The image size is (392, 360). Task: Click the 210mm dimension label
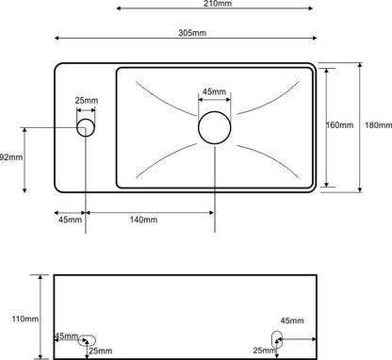(218, 4)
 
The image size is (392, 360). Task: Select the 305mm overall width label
(192, 33)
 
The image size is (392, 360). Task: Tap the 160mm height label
(339, 125)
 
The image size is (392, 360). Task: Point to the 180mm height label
(378, 125)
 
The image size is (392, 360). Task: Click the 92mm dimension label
(11, 157)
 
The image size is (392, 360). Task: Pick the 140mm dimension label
(143, 220)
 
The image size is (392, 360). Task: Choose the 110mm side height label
(25, 319)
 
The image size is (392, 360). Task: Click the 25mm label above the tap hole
(87, 101)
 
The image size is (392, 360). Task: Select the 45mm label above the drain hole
(214, 91)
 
